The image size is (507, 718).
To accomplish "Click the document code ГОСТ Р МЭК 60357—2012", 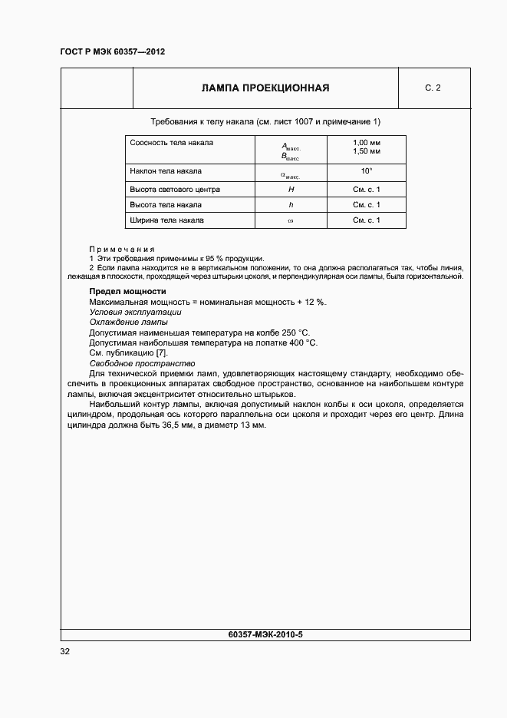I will [112, 52].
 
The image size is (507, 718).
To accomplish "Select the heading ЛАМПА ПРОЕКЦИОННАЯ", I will [265, 88].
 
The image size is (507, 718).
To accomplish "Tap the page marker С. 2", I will [433, 88].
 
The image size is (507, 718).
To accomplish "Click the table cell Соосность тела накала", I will [172, 143].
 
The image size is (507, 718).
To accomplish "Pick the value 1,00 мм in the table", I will [367, 144].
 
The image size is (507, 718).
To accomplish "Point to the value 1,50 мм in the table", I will [367, 152].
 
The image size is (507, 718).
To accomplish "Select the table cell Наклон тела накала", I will [166, 171].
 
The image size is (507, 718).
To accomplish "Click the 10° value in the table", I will [367, 171].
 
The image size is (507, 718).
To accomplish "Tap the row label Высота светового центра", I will [175, 189].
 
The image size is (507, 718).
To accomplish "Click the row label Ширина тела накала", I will [167, 220].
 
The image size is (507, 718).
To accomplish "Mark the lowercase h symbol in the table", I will [291, 205].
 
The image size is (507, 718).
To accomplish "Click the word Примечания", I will [122, 250].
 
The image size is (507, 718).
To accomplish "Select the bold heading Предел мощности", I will [127, 292].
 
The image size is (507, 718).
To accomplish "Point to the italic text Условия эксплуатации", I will [135, 313].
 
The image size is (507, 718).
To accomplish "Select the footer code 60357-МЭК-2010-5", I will [265, 635].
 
